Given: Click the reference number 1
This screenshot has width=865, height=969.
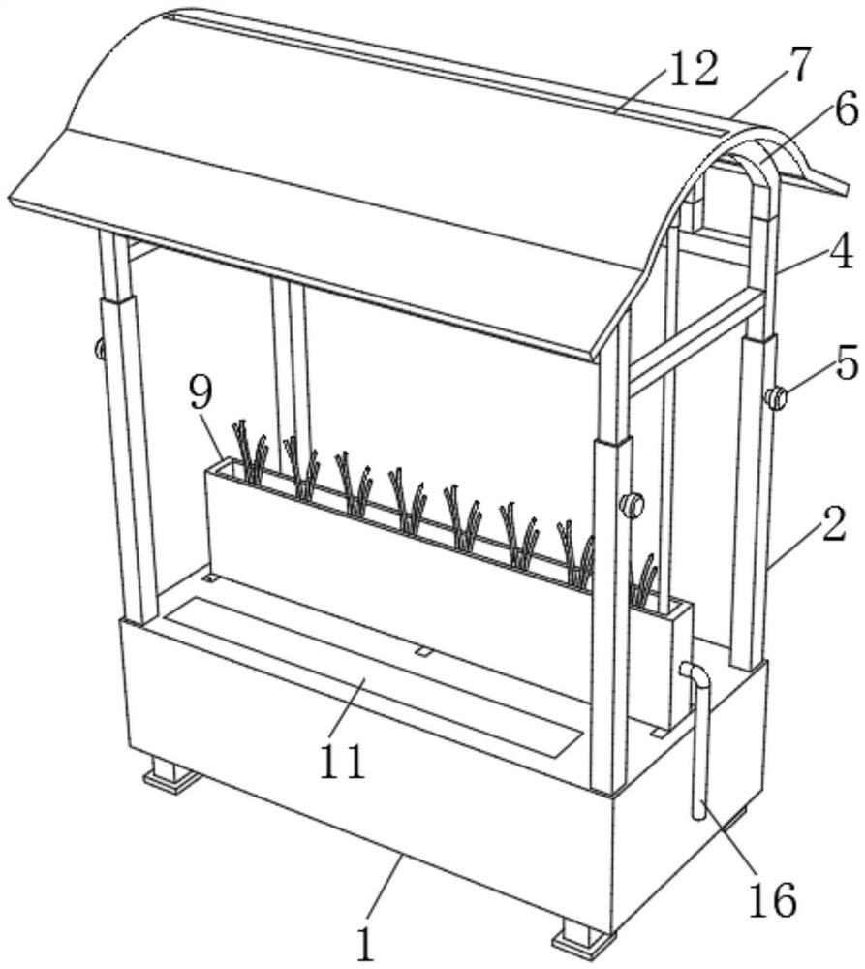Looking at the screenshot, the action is (x=366, y=941).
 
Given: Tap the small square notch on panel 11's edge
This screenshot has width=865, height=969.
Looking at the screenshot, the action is (x=423, y=651).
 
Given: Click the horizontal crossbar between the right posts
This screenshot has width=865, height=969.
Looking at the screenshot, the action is (x=695, y=342).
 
